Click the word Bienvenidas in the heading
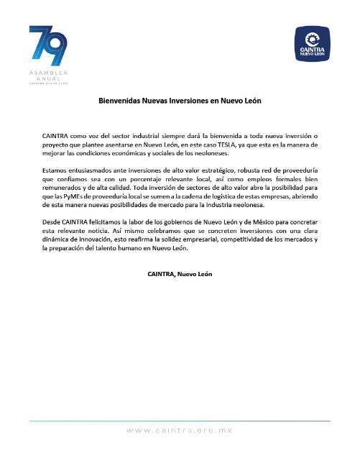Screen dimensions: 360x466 [x=121, y=101]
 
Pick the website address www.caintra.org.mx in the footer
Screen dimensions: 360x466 [x=180, y=430]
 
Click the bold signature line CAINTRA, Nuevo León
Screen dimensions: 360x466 [x=180, y=274]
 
